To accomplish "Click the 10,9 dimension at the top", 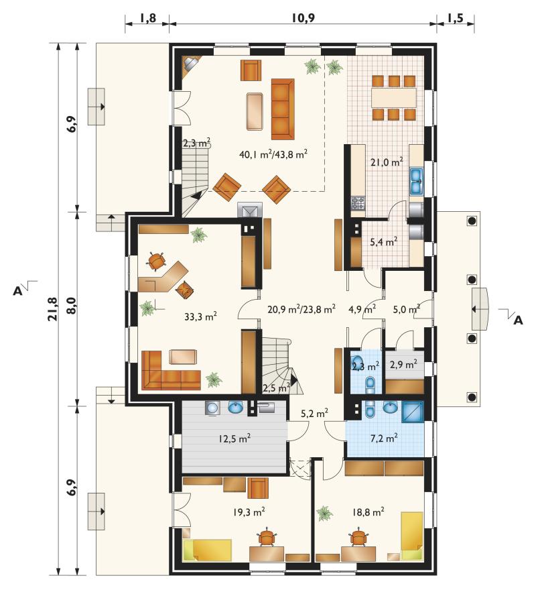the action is [x=302, y=17].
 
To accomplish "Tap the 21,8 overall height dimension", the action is [x=53, y=309].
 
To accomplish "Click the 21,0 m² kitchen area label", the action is [x=387, y=162].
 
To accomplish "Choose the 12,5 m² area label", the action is [x=234, y=438].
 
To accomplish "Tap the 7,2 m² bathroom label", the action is [x=384, y=438].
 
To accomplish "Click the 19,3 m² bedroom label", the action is [x=249, y=512].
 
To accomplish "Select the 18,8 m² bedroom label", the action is [x=368, y=512].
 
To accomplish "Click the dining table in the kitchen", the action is [x=394, y=97].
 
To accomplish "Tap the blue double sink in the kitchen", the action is [x=416, y=182].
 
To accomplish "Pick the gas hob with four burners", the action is [x=358, y=203].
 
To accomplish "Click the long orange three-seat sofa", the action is [x=283, y=109].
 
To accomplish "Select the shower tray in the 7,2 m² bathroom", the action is [x=413, y=411].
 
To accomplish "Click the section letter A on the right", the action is [x=518, y=320].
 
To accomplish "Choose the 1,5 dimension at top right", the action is [x=456, y=18].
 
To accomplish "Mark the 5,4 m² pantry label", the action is [x=384, y=241].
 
